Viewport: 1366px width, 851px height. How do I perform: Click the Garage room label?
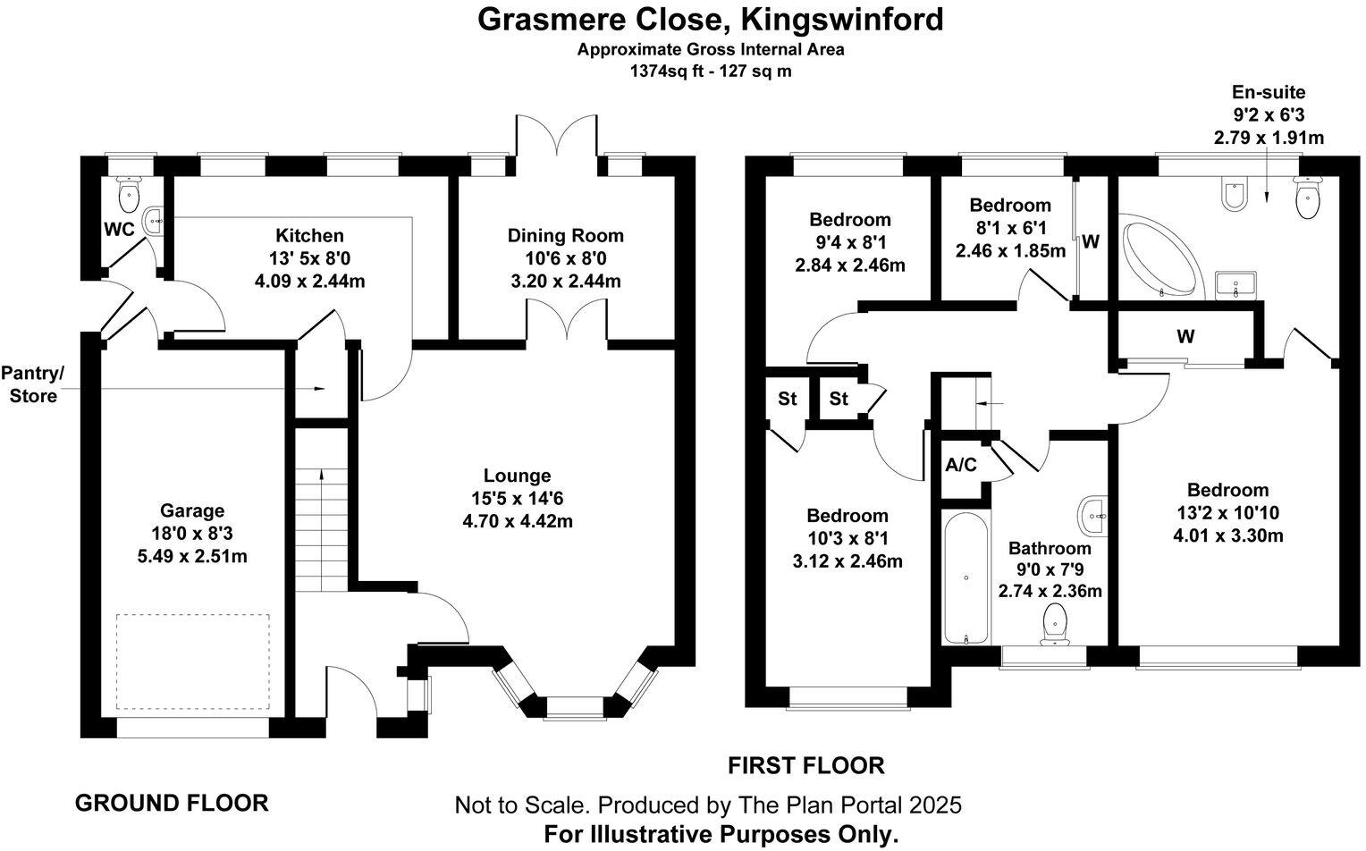point(191,510)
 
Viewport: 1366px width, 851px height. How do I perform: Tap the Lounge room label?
point(517,476)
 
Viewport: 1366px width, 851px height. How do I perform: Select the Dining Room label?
point(565,236)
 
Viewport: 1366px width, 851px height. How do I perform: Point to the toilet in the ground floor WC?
point(130,191)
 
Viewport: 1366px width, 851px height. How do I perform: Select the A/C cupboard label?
point(961,465)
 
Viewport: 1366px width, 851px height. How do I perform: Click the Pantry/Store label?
point(33,384)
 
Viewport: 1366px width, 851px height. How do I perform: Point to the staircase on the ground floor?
point(320,527)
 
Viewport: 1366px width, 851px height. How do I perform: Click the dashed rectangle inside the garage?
point(192,661)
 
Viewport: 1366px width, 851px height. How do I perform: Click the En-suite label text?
point(1268,92)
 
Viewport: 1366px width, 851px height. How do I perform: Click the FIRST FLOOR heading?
point(805,765)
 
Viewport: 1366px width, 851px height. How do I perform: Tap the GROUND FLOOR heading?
point(172,803)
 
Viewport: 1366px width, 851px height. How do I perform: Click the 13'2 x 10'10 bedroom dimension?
point(1227,513)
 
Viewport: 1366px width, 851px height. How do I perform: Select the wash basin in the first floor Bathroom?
point(1092,514)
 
